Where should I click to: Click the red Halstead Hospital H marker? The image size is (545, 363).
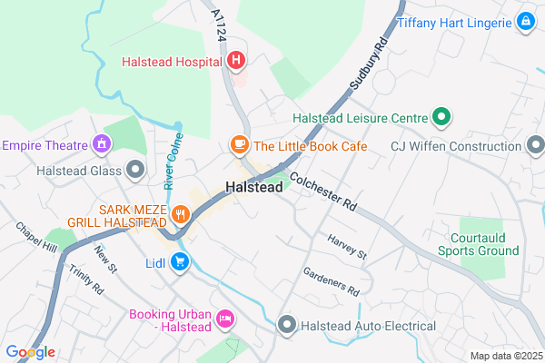point(236,61)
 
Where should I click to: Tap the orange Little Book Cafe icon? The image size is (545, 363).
point(238,144)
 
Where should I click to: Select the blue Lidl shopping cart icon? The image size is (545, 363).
point(180,263)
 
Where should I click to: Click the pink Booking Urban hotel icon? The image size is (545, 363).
point(225,318)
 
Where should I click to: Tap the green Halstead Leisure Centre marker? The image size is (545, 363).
point(441,116)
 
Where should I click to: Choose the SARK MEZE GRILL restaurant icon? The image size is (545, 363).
point(181,215)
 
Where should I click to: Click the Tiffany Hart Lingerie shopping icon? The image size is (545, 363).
point(526,20)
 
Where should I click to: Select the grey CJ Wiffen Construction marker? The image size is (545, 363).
point(536,144)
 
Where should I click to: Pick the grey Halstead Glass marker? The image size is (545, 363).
point(135,170)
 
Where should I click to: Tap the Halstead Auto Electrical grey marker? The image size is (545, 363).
point(287,324)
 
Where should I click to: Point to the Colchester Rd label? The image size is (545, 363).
point(325,191)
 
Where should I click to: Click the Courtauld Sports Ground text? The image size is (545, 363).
point(479,243)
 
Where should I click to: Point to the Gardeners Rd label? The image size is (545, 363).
point(332,283)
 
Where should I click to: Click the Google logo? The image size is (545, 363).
point(30,352)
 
